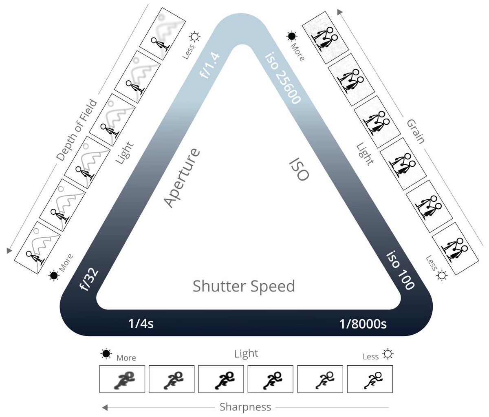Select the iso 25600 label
pos(283,77)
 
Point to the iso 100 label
pos(400,270)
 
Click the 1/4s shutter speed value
pos(141,324)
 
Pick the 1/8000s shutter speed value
pos(363,324)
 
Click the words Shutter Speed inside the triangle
pos(244,286)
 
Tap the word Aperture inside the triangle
pos(182,178)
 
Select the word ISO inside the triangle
pos(299,169)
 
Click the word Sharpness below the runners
pos(245,407)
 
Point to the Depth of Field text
pos(77,130)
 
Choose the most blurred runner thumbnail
pos(122,379)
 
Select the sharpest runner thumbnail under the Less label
pos(370,379)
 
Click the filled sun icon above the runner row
pos(106,354)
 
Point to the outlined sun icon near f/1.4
pos(195,37)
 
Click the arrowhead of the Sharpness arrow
pos(105,407)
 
